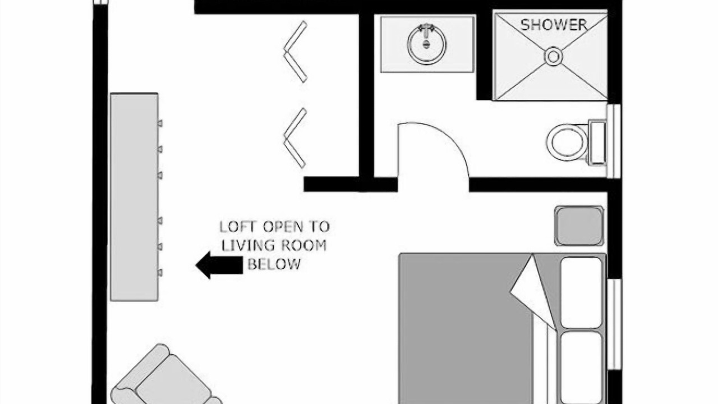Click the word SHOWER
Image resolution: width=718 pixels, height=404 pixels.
[x=554, y=25]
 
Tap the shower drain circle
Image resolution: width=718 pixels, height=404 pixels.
[x=553, y=57]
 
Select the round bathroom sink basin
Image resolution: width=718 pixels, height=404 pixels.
[x=426, y=44]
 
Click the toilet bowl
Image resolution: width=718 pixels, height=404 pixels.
[x=567, y=143]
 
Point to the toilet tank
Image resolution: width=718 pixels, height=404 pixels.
[x=597, y=143]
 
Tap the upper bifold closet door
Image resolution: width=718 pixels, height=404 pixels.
[x=296, y=52]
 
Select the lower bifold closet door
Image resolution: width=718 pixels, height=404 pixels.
[x=295, y=138]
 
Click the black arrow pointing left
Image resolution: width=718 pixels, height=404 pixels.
[x=219, y=265]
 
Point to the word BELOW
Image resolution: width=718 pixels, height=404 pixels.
[x=274, y=264]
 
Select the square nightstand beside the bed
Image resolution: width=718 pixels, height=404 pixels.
[x=579, y=226]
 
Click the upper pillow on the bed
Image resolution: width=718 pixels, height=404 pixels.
[x=581, y=292]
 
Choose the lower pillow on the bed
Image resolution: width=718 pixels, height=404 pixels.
[x=581, y=368]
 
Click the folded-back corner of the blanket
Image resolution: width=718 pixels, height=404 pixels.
[x=533, y=292]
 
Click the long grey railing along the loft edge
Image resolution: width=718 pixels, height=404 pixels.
[x=134, y=197]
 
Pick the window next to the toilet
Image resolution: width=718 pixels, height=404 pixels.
[x=614, y=141]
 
